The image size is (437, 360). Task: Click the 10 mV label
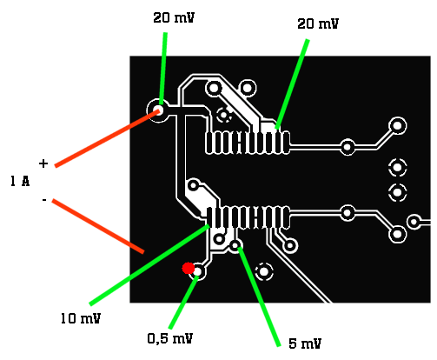[x=81, y=318]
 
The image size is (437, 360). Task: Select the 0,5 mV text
[x=170, y=338]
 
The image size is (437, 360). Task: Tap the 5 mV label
[x=305, y=343]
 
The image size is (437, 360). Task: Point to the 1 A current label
[x=20, y=181]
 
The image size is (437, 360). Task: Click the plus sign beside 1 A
[x=43, y=163]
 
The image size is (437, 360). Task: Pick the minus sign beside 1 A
[x=44, y=200]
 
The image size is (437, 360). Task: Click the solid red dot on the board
[x=188, y=268]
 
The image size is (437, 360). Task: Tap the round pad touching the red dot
[x=198, y=271]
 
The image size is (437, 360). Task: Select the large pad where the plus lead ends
[x=158, y=110]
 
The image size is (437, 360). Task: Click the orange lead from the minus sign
[x=98, y=226]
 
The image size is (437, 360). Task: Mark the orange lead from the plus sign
[x=107, y=138]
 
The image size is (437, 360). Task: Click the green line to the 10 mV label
[x=149, y=264]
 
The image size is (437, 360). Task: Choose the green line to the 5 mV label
[x=259, y=297]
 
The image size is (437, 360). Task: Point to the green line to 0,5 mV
[x=183, y=303]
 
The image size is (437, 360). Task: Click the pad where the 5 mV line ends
[x=235, y=246]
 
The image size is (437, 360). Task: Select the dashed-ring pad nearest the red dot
[x=264, y=272]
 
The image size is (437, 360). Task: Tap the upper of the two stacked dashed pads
[x=397, y=167]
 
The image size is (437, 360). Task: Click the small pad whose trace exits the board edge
[x=414, y=222]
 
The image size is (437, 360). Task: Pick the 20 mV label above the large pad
[x=174, y=17]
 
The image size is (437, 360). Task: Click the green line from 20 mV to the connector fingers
[x=292, y=84]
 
